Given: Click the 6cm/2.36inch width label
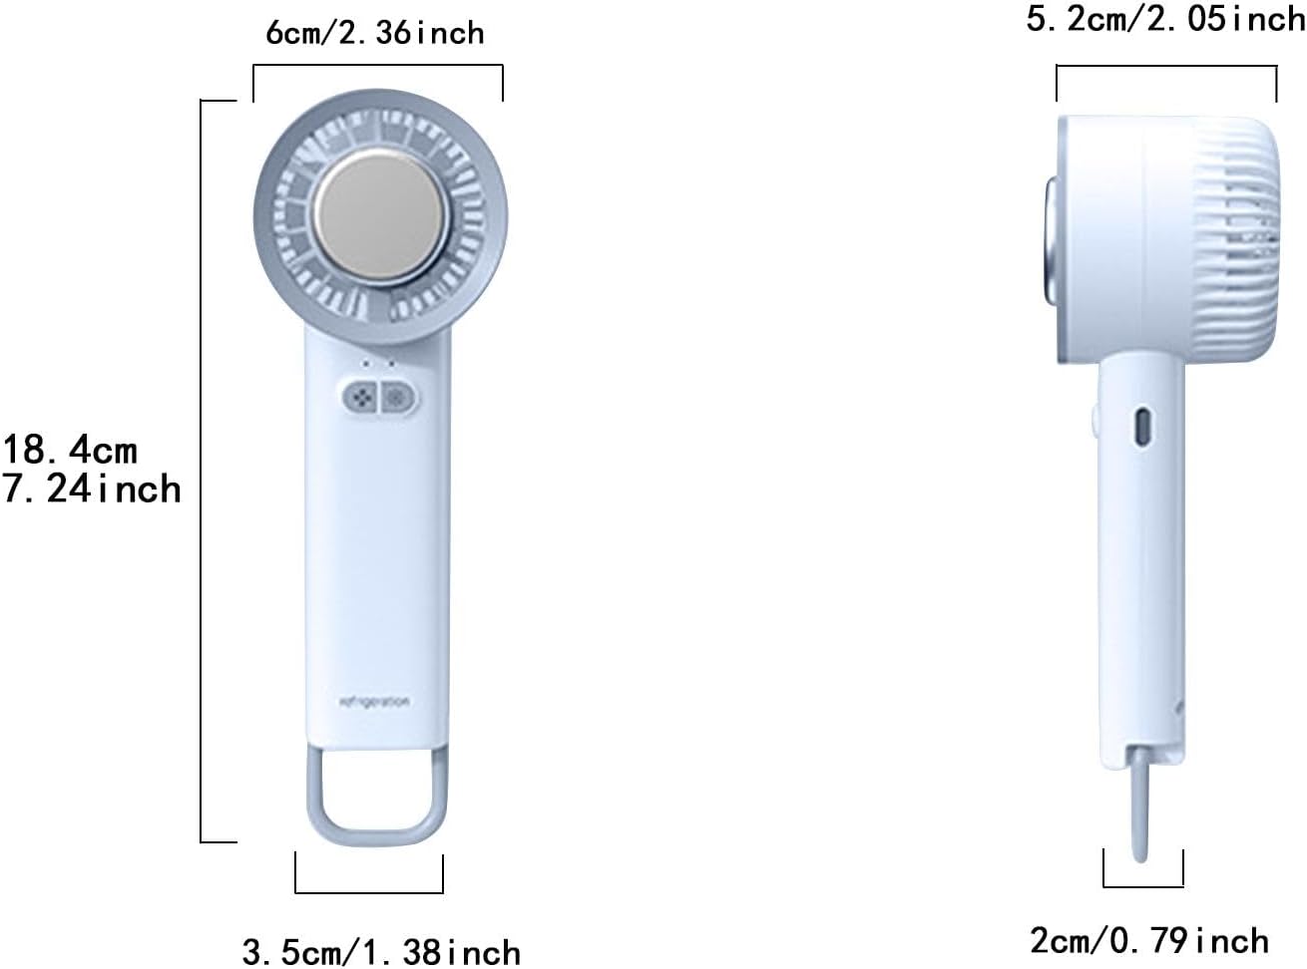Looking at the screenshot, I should click(x=375, y=32).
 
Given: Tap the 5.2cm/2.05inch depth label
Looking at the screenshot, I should click(x=1165, y=19).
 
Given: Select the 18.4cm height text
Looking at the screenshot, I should click(x=70, y=450).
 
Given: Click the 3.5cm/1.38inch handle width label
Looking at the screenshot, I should click(x=381, y=951).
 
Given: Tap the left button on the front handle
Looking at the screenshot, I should click(x=363, y=398).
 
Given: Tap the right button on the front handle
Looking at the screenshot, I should click(x=398, y=398).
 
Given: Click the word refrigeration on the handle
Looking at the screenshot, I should click(x=374, y=702).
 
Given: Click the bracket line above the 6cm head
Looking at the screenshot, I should click(x=377, y=67).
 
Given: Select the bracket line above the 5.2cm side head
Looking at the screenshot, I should click(x=1166, y=66).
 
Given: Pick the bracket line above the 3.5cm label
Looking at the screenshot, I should click(x=369, y=891).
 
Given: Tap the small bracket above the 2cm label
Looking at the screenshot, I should click(x=1143, y=884).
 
